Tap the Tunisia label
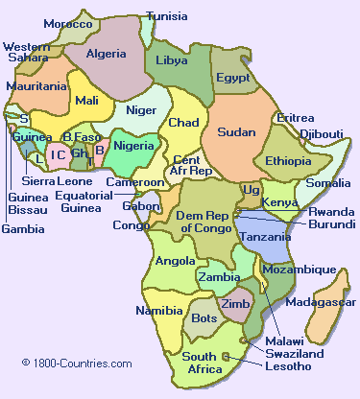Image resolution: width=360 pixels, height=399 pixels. coord(167,16)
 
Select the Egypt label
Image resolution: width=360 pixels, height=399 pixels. coord(233,78)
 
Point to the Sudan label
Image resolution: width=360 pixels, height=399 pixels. coord(235,133)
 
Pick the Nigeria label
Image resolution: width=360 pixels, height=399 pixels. coord(133,146)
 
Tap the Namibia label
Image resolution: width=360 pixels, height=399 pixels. coord(157,311)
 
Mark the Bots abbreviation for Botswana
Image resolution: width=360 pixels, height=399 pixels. coord(204,317)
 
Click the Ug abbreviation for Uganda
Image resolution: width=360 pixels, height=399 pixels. coord(252,190)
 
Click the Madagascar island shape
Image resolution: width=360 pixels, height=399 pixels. coord(331,288)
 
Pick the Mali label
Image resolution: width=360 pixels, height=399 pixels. coord(86,100)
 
